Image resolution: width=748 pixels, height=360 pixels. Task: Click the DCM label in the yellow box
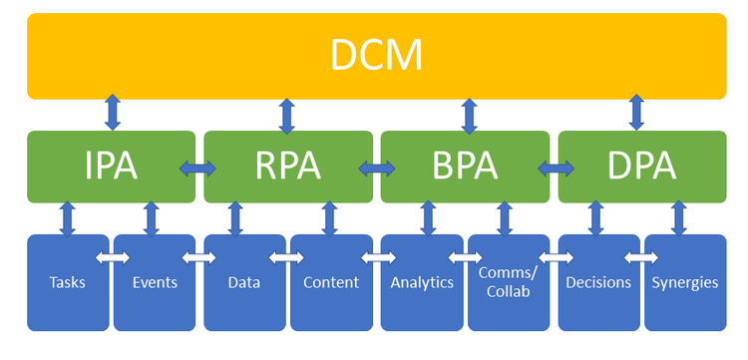point(376,55)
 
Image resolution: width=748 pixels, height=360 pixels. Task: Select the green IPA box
point(111,167)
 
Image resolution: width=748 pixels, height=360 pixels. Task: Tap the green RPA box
point(288,167)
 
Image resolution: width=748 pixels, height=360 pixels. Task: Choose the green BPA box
point(465,167)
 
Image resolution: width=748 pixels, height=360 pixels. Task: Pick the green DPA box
point(642,167)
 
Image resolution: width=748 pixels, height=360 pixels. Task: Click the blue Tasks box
point(68,282)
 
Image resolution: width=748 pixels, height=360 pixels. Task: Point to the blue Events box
point(155,282)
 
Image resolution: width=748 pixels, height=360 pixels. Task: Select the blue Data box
point(244,282)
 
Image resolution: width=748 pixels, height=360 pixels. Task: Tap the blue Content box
point(331,282)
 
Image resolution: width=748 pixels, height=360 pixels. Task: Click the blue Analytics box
point(422,282)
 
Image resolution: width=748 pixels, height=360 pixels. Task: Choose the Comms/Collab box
point(509,282)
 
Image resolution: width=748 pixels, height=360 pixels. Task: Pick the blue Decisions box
point(598,282)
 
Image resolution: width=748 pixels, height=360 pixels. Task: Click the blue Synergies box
point(685,282)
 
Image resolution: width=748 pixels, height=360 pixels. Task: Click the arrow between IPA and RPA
point(197,169)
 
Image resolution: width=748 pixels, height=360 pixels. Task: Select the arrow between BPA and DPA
point(556,169)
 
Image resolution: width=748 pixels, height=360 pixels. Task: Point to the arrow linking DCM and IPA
point(113,112)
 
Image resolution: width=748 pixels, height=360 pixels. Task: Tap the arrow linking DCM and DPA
point(636,112)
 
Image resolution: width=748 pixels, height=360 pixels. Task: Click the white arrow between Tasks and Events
point(112,258)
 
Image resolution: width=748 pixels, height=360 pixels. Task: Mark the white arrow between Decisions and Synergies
point(640,258)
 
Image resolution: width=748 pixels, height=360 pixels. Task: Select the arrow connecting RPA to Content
point(330,218)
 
